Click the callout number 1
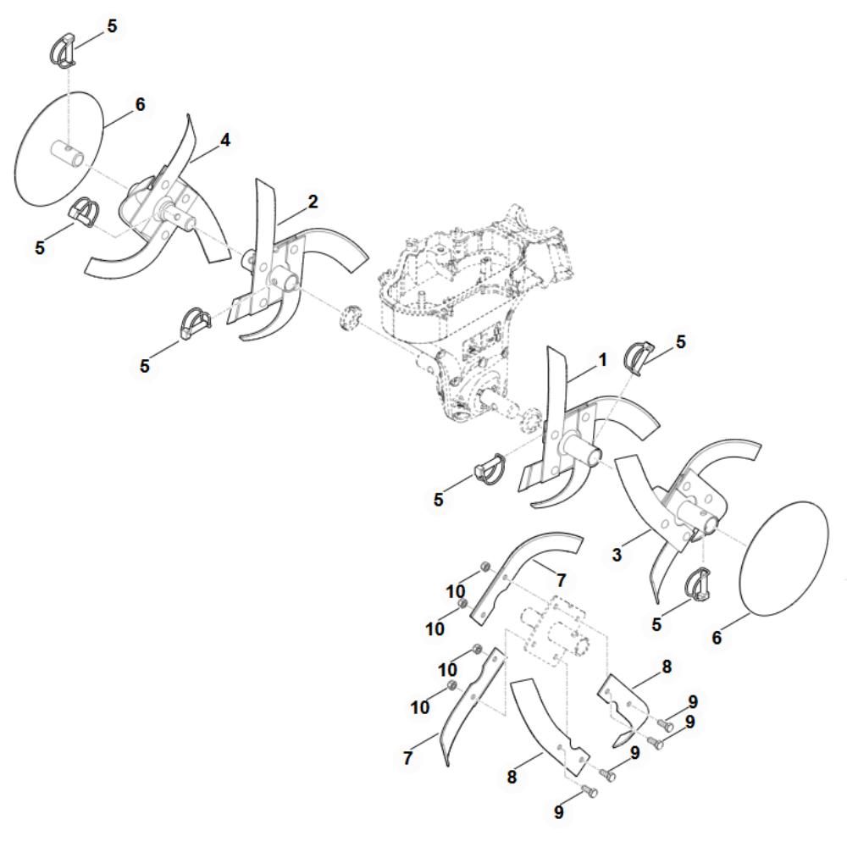click(x=602, y=360)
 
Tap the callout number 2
click(x=313, y=202)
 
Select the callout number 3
click(x=617, y=554)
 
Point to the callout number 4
click(x=224, y=140)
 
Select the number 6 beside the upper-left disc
click(x=140, y=104)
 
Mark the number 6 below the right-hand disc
click(x=717, y=638)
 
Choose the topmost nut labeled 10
click(x=485, y=566)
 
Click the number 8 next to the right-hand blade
click(x=667, y=667)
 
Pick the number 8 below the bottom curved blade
click(x=512, y=777)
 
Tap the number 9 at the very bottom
click(x=558, y=812)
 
